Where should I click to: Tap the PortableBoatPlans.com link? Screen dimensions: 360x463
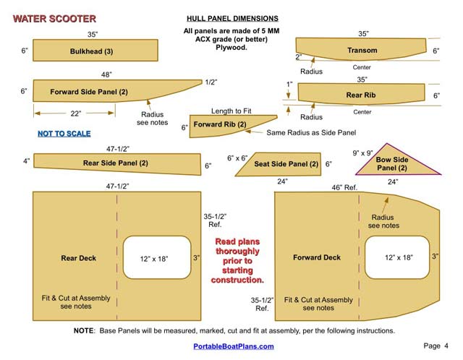click(233, 346)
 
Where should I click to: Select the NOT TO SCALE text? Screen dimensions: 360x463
click(64, 134)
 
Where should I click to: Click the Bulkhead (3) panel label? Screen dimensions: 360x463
click(91, 51)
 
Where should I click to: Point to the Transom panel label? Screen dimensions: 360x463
click(362, 50)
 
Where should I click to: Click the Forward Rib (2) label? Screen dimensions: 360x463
click(221, 125)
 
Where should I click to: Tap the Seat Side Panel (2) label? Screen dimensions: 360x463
click(286, 164)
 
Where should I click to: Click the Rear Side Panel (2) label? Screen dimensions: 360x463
click(116, 163)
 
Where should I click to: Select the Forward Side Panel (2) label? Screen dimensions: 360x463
click(89, 92)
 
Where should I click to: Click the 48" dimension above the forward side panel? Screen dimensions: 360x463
click(106, 74)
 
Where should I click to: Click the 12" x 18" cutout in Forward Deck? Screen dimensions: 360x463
click(399, 257)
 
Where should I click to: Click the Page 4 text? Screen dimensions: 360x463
click(436, 346)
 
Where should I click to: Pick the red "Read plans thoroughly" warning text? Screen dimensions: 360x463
click(237, 260)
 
